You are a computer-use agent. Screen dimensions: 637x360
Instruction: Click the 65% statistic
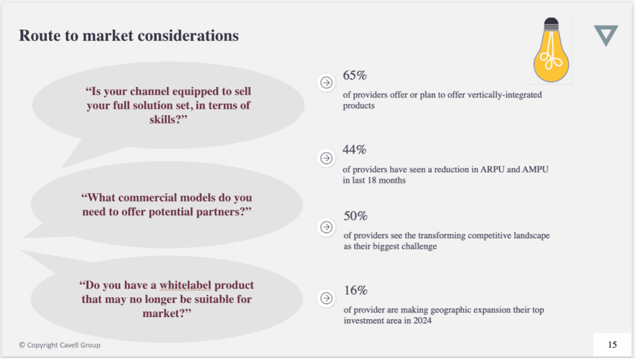pos(355,75)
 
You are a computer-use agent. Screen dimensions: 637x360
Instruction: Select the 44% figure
pos(354,150)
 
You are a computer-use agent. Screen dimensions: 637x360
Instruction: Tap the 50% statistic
pos(355,216)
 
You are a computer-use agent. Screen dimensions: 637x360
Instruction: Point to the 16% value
pos(355,290)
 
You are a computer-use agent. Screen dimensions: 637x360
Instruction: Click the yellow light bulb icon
pos(551,50)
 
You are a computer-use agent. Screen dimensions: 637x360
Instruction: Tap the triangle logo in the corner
pos(606,35)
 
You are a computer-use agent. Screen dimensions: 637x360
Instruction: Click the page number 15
pos(612,344)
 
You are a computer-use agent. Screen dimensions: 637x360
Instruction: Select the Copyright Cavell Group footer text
pos(60,345)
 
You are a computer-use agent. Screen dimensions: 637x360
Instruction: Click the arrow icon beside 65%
pos(326,83)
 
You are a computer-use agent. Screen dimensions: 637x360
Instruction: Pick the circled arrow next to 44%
pos(326,158)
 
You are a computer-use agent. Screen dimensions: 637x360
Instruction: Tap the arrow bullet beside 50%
pos(326,227)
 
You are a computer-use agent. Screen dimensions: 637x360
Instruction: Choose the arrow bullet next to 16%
pos(326,298)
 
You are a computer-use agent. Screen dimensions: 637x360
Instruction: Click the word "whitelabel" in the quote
pos(185,285)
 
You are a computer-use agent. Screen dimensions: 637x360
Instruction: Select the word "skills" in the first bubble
pos(164,119)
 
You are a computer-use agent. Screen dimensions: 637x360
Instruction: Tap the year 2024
pos(422,321)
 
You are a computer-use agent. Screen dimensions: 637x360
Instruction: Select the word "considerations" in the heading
pos(188,35)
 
